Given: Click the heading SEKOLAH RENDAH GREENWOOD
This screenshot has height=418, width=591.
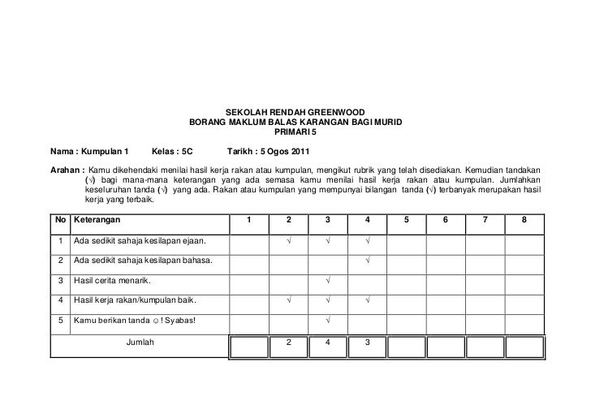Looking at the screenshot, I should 295,112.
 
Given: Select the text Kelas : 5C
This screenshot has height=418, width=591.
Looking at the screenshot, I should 172,152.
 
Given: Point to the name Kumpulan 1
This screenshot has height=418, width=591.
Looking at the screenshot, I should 106,152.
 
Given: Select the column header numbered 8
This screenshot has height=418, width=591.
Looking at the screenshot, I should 525,220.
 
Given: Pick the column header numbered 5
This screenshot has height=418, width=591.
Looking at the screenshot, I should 407,220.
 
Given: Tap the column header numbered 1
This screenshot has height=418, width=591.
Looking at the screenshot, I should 249,220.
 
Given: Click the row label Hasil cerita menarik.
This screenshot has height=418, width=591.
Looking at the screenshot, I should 114,281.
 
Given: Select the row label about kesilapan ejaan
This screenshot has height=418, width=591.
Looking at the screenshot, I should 139,240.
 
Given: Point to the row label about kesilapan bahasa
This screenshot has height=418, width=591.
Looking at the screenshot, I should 143,261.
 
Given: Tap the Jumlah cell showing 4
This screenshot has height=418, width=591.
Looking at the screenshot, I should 327,342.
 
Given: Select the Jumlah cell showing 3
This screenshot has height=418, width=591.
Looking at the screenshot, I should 367,342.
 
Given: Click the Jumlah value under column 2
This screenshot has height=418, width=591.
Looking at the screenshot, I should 288,342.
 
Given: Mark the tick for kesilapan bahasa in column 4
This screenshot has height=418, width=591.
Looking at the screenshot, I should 368,261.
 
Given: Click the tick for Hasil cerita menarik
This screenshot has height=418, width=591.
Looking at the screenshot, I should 327,281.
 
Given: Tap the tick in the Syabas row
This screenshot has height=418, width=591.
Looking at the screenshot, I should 327,321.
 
